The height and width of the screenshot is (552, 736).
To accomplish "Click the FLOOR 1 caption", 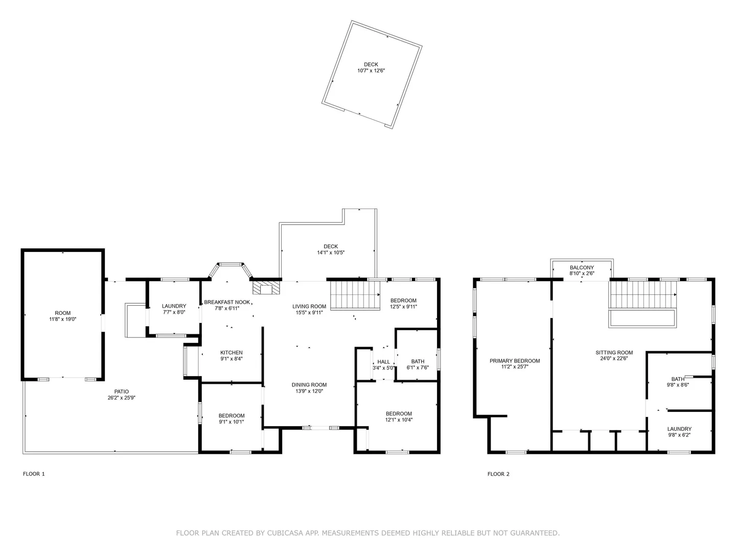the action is pyautogui.click(x=34, y=474).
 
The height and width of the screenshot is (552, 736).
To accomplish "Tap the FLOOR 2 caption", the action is pyautogui.click(x=498, y=474).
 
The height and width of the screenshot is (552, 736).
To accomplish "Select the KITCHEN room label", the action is pyautogui.click(x=232, y=353).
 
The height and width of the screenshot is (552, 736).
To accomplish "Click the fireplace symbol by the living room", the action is pyautogui.click(x=266, y=288).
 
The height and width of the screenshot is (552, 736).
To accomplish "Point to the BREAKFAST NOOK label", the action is pyautogui.click(x=227, y=302).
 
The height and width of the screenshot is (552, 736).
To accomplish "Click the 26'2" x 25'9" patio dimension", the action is pyautogui.click(x=121, y=398).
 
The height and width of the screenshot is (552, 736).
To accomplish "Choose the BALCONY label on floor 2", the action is pyautogui.click(x=582, y=268).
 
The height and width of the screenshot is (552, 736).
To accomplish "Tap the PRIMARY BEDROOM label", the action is pyautogui.click(x=515, y=361).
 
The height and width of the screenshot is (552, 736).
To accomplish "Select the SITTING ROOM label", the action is pyautogui.click(x=614, y=353).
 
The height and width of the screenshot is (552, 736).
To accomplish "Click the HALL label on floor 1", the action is pyautogui.click(x=384, y=362).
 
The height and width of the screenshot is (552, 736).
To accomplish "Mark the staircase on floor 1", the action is pyautogui.click(x=355, y=295).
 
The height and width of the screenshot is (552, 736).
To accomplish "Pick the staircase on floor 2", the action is pyautogui.click(x=642, y=294).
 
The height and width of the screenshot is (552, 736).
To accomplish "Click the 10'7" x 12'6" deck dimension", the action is pyautogui.click(x=371, y=71).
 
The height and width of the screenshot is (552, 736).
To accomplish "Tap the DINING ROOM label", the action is pyautogui.click(x=309, y=385).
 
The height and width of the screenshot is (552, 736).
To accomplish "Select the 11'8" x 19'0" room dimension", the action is pyautogui.click(x=63, y=319).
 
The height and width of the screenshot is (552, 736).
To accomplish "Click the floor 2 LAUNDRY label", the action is pyautogui.click(x=679, y=429).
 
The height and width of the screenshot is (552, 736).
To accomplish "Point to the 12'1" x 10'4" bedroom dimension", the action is pyautogui.click(x=399, y=420).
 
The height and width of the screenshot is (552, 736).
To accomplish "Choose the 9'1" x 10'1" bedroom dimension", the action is pyautogui.click(x=232, y=422).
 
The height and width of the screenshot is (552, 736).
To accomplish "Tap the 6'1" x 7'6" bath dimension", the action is pyautogui.click(x=418, y=367).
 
